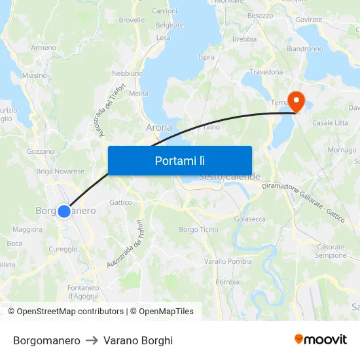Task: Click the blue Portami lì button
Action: (x=179, y=160)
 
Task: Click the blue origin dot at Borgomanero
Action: (x=63, y=211)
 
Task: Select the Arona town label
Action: (x=159, y=127)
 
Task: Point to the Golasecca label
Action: (x=249, y=219)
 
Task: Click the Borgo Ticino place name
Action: (x=198, y=229)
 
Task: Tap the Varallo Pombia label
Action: (x=228, y=261)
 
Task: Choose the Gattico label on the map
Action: (x=120, y=202)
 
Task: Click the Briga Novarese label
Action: (x=60, y=171)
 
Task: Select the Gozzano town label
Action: (x=41, y=151)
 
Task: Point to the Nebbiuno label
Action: (x=127, y=73)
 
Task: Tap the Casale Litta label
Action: (x=330, y=123)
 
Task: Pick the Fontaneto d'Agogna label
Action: (x=83, y=291)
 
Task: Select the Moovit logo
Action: (x=320, y=340)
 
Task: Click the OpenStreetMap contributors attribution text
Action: (x=70, y=312)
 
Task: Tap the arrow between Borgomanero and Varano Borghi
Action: (x=92, y=340)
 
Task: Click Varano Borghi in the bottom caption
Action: (x=138, y=340)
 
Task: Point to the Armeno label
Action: (x=43, y=47)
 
